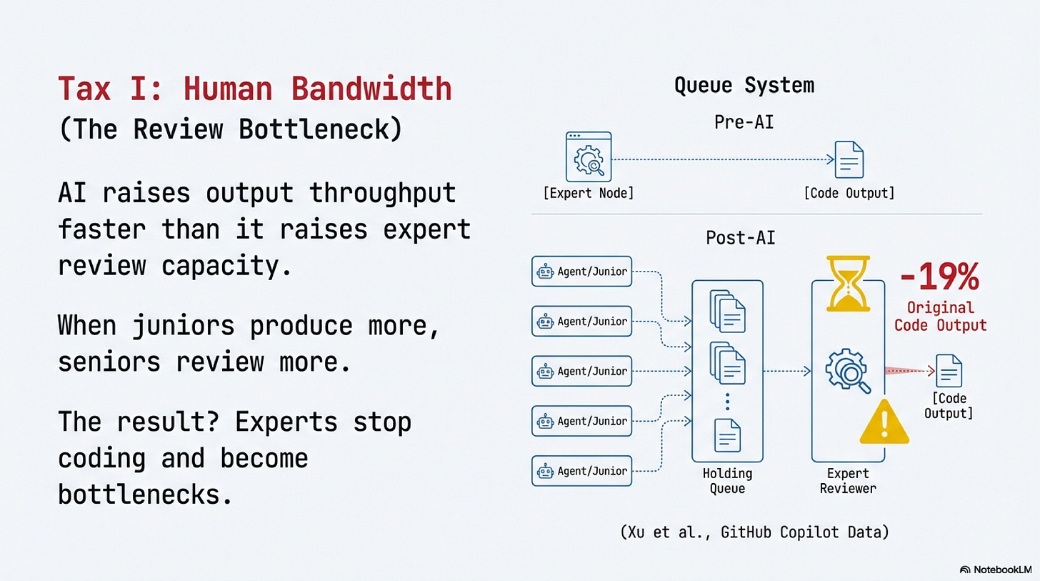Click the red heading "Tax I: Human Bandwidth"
254,89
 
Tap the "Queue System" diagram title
744,86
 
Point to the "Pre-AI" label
744,122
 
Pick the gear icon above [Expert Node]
588,156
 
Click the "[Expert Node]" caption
588,194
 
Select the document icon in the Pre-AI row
849,159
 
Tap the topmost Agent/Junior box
581,272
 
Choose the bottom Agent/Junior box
581,471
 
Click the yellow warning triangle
884,422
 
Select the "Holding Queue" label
727,481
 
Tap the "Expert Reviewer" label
847,481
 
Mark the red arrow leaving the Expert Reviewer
909,371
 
